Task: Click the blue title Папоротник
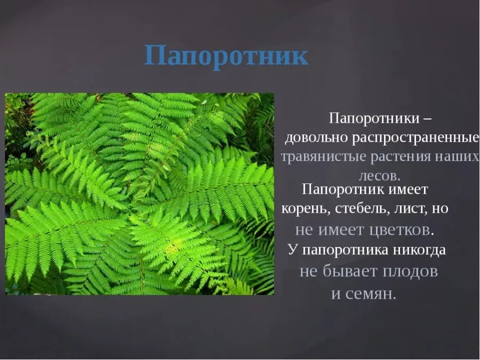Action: [226, 56]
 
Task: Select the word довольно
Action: [316, 138]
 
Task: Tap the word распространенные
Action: [415, 138]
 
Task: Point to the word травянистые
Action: [324, 157]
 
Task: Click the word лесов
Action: [379, 177]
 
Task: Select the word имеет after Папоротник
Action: [408, 190]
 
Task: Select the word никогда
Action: [419, 250]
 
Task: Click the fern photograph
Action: [140, 194]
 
